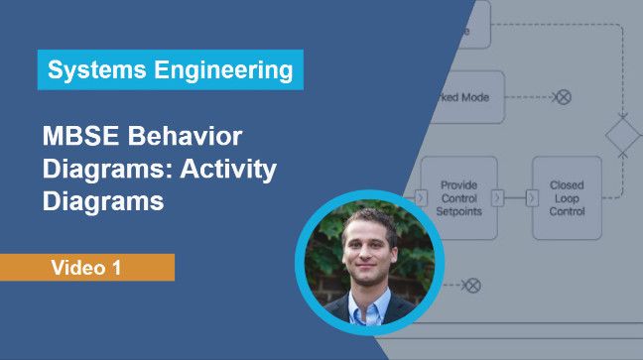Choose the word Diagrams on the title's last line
click(102, 202)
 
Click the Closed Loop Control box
click(567, 197)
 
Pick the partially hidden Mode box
click(466, 97)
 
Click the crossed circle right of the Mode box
click(563, 97)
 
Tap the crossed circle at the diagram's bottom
click(472, 286)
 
